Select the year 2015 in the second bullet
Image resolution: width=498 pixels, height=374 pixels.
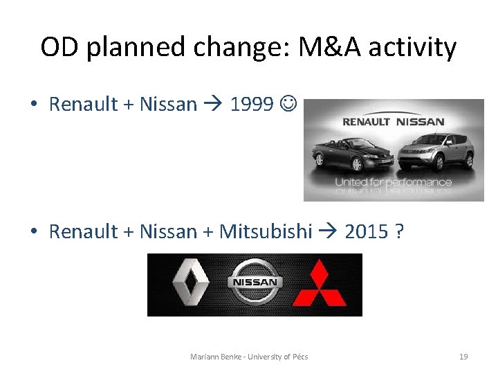(x=366, y=231)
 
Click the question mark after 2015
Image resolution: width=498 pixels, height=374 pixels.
(x=400, y=231)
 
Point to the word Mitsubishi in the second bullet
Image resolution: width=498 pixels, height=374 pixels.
(x=266, y=231)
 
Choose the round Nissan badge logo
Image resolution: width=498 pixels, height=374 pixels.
(x=254, y=283)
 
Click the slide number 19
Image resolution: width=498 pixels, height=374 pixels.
(x=463, y=357)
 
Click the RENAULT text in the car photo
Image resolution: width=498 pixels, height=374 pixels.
(x=366, y=122)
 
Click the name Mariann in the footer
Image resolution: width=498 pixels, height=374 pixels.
(x=205, y=357)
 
